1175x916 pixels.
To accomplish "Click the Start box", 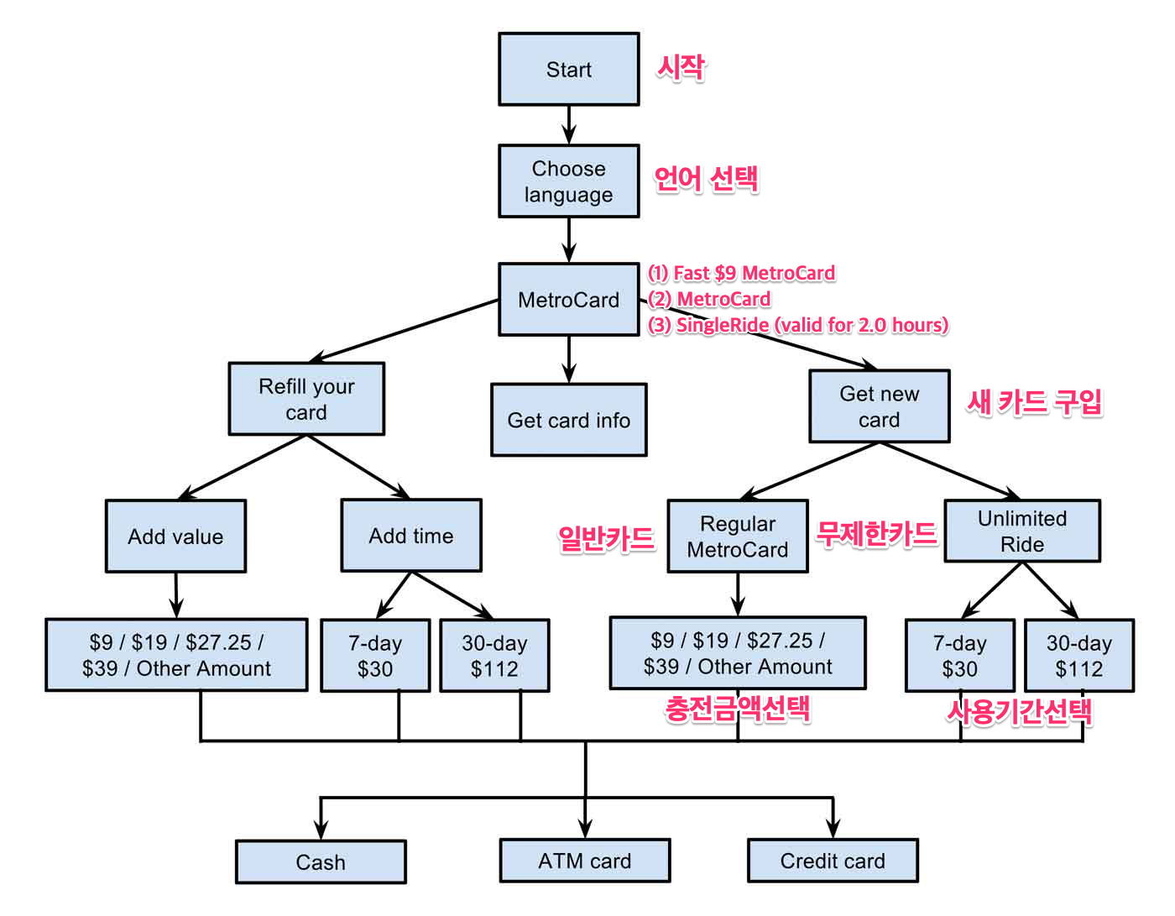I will [x=568, y=70].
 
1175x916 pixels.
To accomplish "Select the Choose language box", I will [x=568, y=181].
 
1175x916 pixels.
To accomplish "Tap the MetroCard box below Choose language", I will [x=568, y=300].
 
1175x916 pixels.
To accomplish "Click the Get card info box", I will [x=568, y=420].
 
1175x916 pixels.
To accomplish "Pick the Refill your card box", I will [x=306, y=399].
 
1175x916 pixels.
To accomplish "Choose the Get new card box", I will [x=879, y=406].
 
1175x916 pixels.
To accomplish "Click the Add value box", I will [x=175, y=537].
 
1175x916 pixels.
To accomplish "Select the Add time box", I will [x=410, y=536].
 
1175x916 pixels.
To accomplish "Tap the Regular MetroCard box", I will [x=738, y=537].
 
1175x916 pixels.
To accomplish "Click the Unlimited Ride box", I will [x=1021, y=531].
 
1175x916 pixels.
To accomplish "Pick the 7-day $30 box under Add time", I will [x=375, y=656].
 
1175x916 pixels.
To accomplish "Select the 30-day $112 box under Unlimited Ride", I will [x=1078, y=656].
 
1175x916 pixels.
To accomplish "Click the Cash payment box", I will [x=321, y=862].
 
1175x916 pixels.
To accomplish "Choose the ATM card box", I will [x=584, y=861].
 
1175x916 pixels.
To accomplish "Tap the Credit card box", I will [x=832, y=861].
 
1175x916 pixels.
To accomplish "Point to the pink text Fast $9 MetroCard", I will [x=742, y=273].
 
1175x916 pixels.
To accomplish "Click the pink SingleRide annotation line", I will [x=798, y=325].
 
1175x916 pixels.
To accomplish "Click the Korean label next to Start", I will [x=681, y=67].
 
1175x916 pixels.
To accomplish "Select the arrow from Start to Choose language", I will [x=569, y=124].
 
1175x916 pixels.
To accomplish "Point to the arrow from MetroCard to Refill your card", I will [x=403, y=331].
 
